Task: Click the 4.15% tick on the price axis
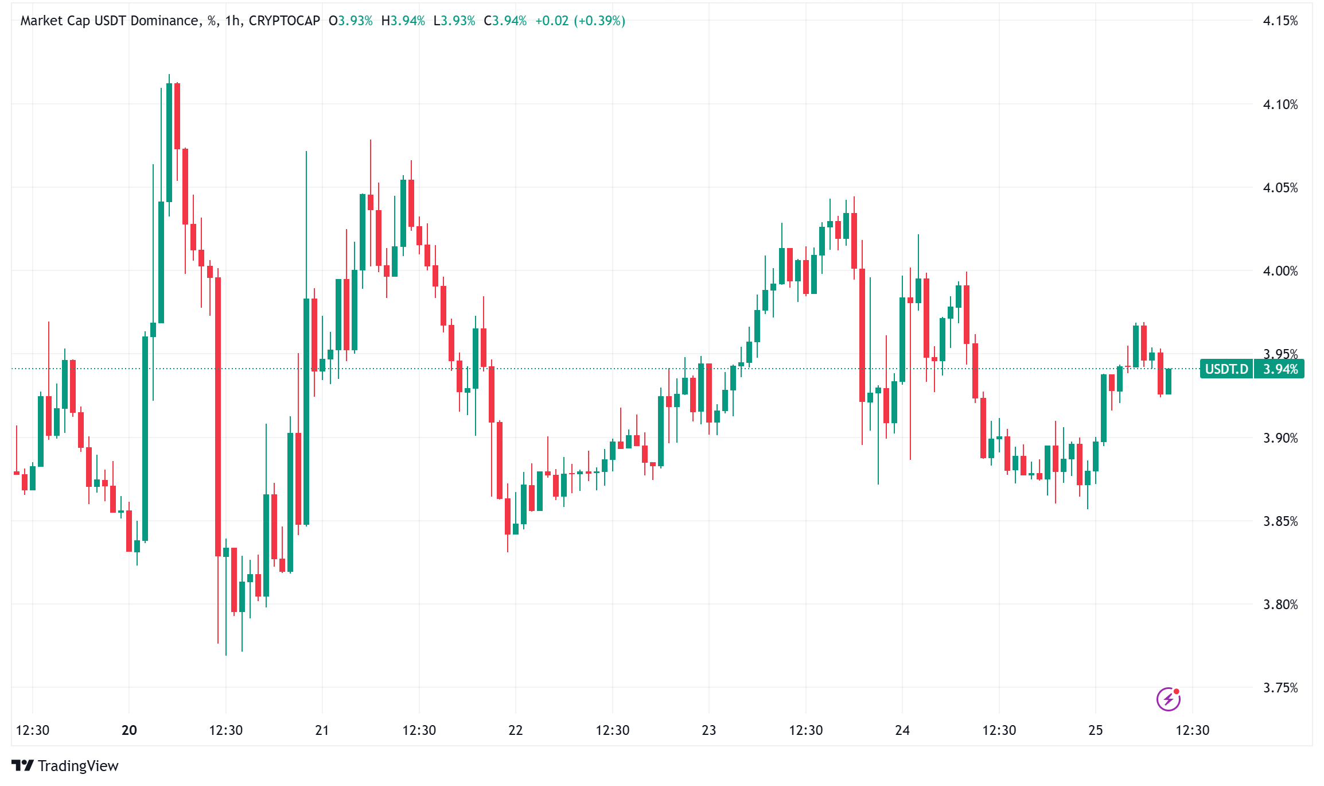[x=1280, y=21]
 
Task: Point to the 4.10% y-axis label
[x=1280, y=104]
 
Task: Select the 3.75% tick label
[x=1280, y=688]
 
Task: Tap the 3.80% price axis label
[x=1280, y=605]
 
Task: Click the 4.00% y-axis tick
[x=1280, y=271]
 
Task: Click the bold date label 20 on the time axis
[x=129, y=730]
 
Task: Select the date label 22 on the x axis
[x=515, y=730]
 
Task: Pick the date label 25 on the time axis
[x=1095, y=730]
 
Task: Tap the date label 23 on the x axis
[x=708, y=730]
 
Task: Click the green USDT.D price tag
[x=1226, y=369]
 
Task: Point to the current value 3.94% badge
[x=1280, y=369]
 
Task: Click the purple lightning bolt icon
[x=1168, y=699]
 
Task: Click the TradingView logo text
[x=78, y=766]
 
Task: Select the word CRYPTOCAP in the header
[x=284, y=21]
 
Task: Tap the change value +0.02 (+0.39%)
[x=580, y=21]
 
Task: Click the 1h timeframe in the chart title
[x=232, y=21]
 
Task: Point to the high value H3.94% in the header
[x=403, y=21]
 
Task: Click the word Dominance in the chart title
[x=164, y=21]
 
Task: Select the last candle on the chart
[x=1169, y=381]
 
